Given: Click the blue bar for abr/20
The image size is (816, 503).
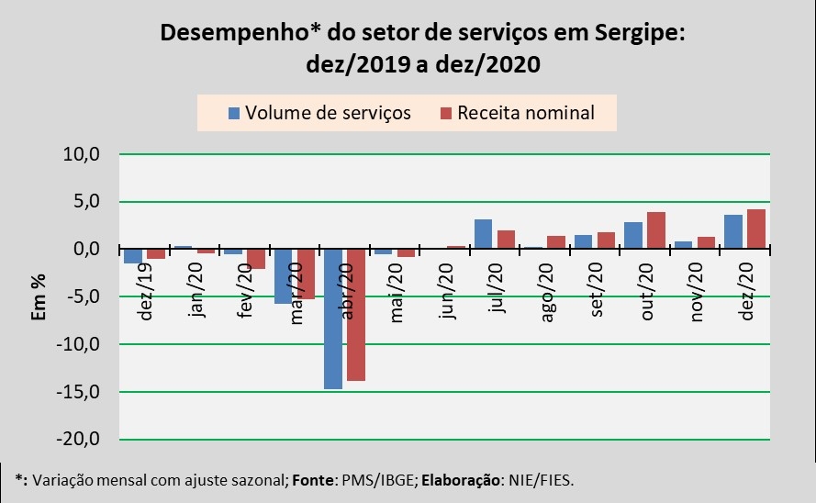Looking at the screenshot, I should (x=333, y=319).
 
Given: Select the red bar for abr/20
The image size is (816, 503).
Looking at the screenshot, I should (x=356, y=315).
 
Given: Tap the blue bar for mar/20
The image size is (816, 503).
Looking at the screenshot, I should (x=284, y=276).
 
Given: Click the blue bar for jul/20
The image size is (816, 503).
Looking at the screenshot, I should (x=483, y=234).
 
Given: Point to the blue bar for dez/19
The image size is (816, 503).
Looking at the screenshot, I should (x=133, y=256).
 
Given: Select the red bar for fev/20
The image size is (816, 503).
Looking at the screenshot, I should (x=256, y=259).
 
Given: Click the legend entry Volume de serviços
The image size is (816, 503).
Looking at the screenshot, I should (x=319, y=113).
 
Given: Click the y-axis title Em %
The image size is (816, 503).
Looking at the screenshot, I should (x=39, y=296).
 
